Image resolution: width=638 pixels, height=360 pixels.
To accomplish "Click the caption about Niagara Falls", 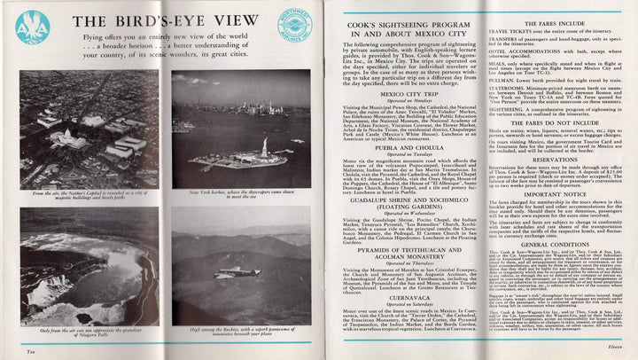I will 92,331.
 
